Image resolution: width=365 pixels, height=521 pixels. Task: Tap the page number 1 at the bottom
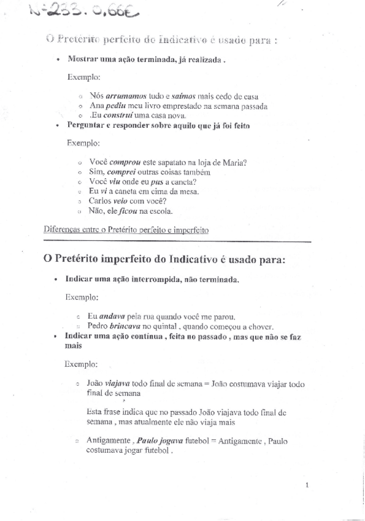coord(306,485)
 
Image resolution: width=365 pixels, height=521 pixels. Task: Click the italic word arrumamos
coord(126,96)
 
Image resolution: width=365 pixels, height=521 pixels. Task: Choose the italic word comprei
coord(120,173)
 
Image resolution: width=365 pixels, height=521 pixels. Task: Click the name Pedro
coord(98,326)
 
